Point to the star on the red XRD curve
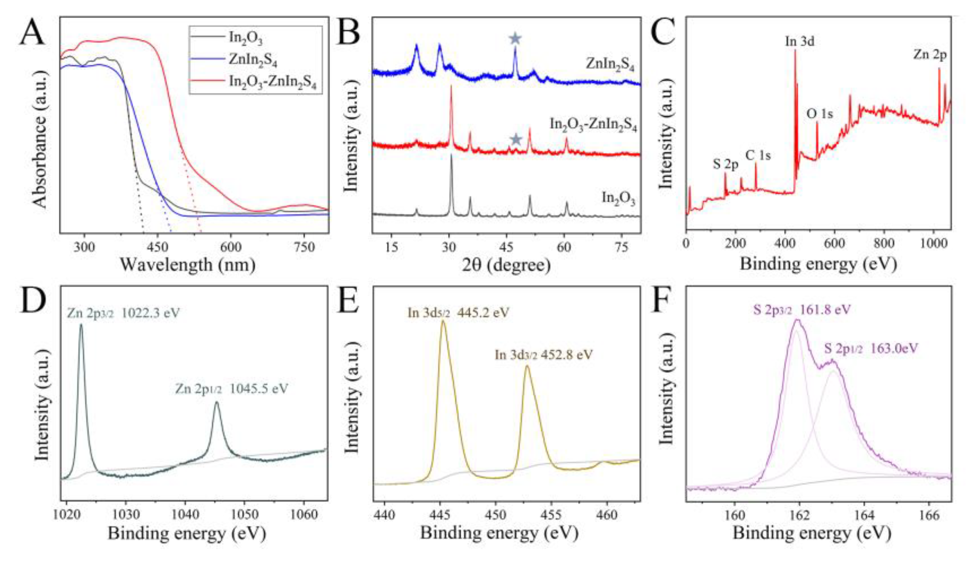point(516,139)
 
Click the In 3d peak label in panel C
point(799,41)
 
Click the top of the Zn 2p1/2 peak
point(217,402)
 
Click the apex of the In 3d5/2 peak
point(443,321)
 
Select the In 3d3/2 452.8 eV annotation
point(544,354)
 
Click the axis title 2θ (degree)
point(506,265)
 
